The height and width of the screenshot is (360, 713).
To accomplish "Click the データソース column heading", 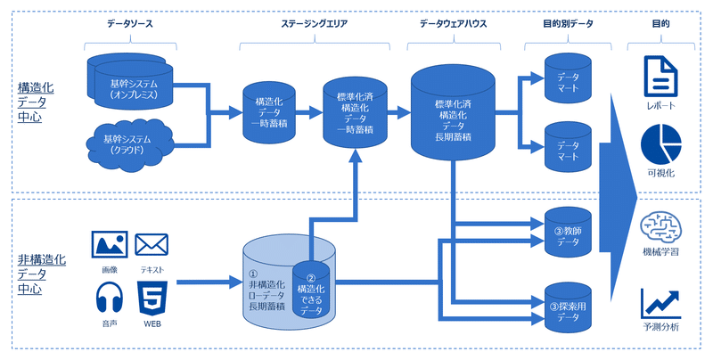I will [130, 24].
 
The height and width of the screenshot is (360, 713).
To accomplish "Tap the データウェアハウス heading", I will [453, 24].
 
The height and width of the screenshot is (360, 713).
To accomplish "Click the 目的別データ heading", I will [568, 24].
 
